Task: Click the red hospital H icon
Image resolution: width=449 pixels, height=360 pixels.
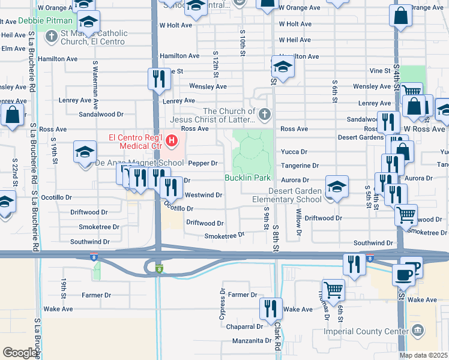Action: pos(173,142)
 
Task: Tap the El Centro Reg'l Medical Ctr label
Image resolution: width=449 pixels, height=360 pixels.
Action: pos(136,142)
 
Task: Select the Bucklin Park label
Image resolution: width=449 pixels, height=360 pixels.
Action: pos(248,178)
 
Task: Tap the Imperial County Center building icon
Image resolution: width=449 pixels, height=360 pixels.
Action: pos(418,330)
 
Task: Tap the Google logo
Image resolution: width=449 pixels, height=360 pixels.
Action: pos(20,353)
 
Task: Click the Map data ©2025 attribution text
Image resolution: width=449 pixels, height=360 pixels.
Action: pos(423,355)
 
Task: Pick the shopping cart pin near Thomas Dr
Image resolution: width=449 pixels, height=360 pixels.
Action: pos(333,290)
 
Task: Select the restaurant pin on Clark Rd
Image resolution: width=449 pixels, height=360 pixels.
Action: pos(271,309)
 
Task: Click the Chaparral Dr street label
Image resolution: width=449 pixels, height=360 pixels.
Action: pos(245,326)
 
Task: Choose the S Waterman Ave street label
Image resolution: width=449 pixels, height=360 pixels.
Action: pos(95,84)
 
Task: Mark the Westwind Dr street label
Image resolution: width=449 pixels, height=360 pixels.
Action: pos(204,195)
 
